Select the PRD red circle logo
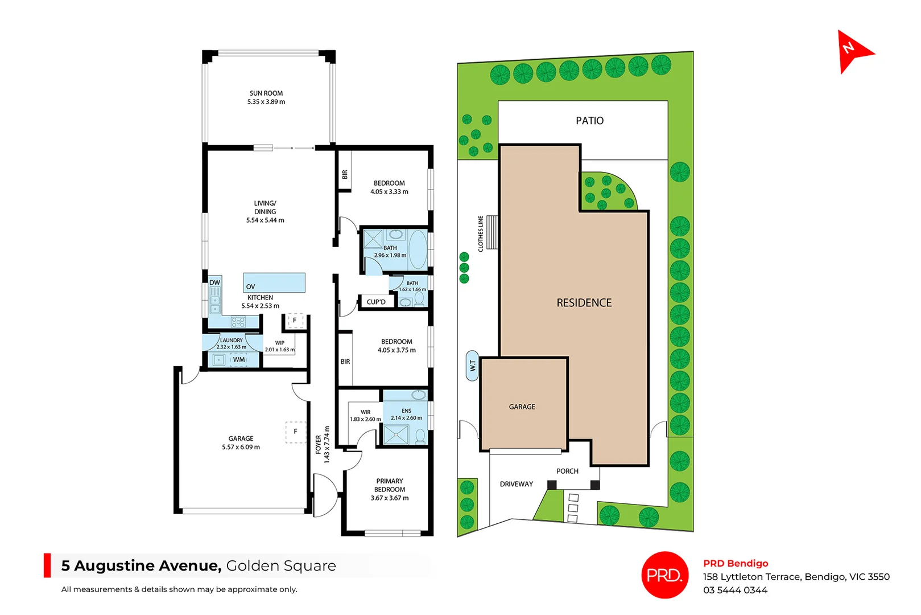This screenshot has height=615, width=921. tap(664, 575)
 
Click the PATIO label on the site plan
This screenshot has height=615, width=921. tap(589, 121)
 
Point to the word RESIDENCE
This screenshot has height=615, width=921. tap(584, 303)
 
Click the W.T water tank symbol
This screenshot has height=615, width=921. tap(472, 366)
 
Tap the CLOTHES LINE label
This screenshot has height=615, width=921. tap(481, 233)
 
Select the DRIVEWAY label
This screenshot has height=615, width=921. tap(516, 484)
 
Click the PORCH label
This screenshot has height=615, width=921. tap(567, 471)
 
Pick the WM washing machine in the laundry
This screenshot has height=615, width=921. tap(239, 359)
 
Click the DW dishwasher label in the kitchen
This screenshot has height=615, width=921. tap(214, 282)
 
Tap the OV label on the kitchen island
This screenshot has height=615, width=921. tap(250, 286)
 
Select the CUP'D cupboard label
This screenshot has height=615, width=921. tap(376, 302)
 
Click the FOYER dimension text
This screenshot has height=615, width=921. tap(323, 445)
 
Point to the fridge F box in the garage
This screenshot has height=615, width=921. tap(295, 432)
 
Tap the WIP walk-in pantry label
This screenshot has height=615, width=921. tap(280, 343)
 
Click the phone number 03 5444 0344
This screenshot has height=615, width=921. tap(735, 590)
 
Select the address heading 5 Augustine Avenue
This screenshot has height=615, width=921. tap(141, 565)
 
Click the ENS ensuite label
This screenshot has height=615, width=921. tap(406, 411)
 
